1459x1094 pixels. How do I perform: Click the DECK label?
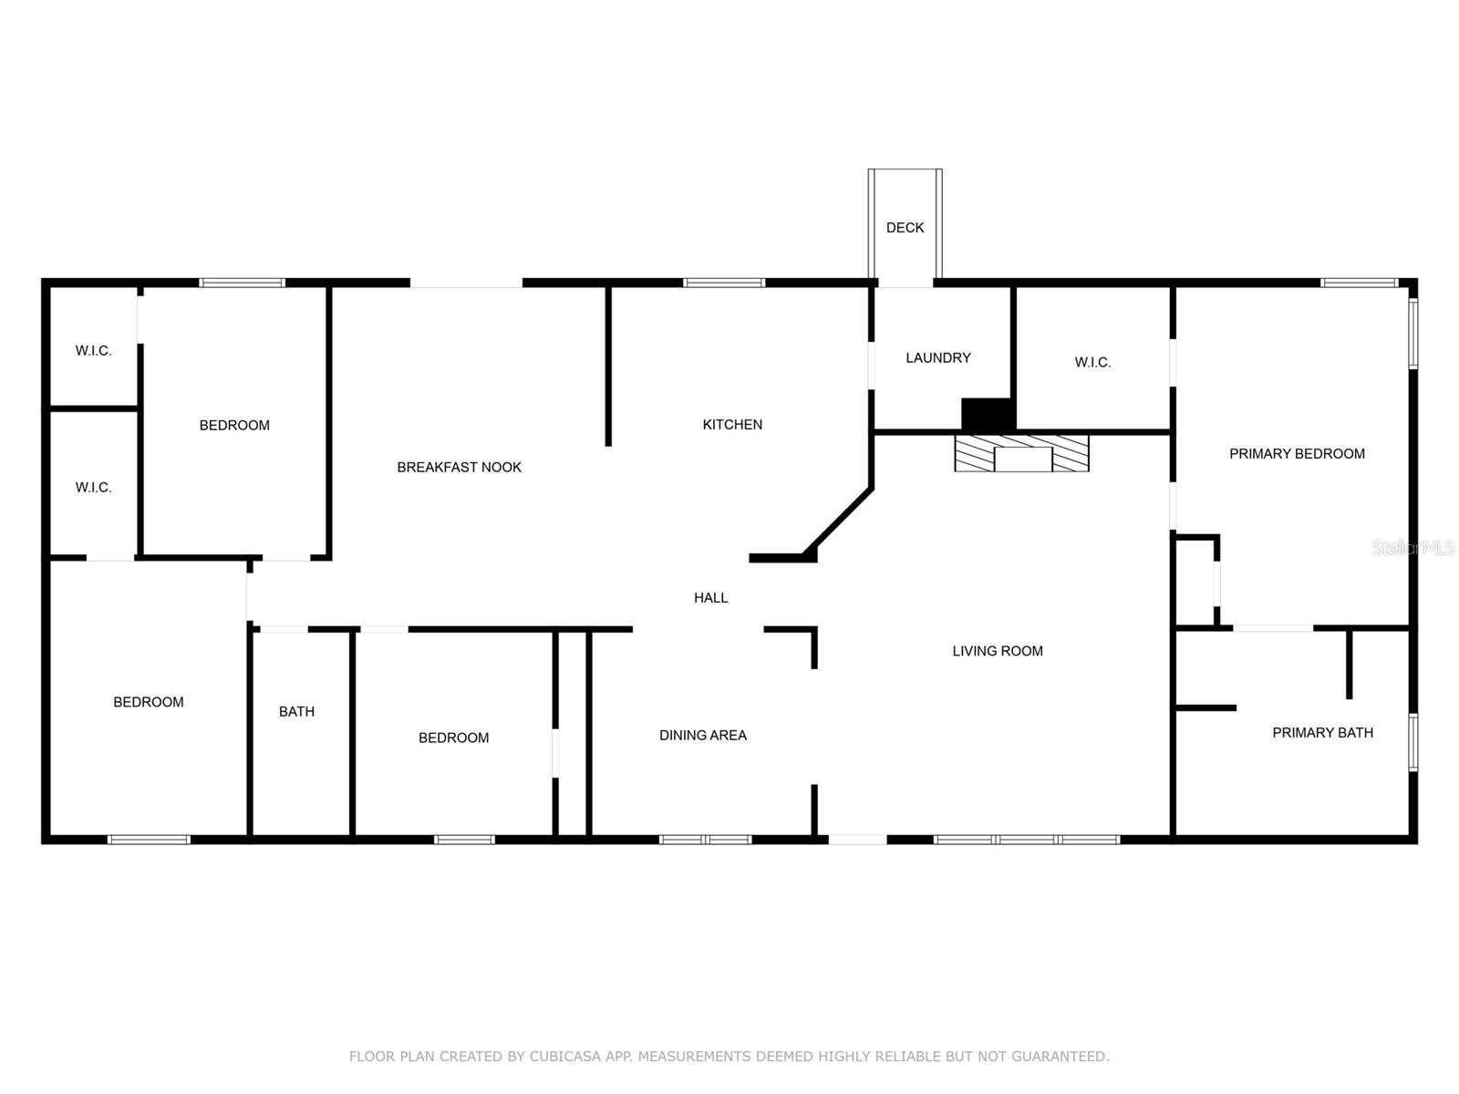click(905, 228)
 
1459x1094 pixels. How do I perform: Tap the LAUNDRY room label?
click(937, 358)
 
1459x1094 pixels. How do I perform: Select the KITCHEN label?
click(732, 425)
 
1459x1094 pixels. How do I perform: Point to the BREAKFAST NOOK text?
click(459, 468)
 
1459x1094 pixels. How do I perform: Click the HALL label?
click(710, 598)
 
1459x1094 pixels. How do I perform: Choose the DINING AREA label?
click(702, 736)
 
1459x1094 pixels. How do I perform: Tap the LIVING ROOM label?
click(997, 651)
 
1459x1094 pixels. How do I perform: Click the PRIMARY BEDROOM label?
click(1296, 454)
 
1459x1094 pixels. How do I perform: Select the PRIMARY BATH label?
click(1322, 733)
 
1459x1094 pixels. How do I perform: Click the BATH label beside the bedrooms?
click(296, 712)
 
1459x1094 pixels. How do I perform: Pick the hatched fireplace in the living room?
click(1021, 453)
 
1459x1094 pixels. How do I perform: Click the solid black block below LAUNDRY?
click(988, 415)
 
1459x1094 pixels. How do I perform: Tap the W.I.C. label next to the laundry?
click(1092, 363)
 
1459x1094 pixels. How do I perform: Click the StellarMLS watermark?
click(1412, 548)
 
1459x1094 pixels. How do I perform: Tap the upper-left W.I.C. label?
click(93, 351)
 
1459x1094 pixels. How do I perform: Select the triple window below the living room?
click(1026, 839)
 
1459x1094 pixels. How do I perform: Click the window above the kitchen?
click(724, 283)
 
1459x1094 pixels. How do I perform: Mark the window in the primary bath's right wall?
click(1412, 743)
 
